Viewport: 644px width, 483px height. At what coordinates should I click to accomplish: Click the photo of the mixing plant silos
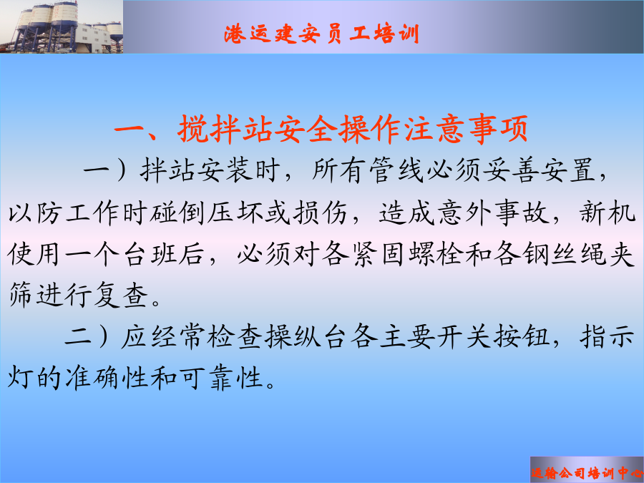point(62,26)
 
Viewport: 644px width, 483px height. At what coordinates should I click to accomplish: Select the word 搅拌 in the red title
point(209,129)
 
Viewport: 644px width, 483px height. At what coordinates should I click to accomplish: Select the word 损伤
point(320,213)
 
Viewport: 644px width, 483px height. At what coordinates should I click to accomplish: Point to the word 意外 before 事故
point(464,213)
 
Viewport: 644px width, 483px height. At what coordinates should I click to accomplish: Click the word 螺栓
point(436,254)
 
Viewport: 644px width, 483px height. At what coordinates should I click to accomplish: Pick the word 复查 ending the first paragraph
point(121,295)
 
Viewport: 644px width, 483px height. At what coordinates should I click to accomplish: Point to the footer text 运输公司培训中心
point(587,473)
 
